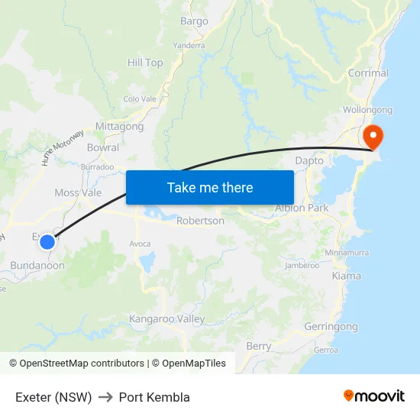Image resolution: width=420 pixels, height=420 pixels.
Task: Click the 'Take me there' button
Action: pyautogui.click(x=210, y=187)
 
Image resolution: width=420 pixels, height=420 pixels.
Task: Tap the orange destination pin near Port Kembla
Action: pyautogui.click(x=373, y=136)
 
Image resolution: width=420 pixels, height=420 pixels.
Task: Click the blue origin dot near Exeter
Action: pyautogui.click(x=47, y=242)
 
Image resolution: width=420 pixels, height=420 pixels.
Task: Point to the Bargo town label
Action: pyautogui.click(x=194, y=21)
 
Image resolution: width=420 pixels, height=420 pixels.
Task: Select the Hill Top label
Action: pyautogui.click(x=145, y=63)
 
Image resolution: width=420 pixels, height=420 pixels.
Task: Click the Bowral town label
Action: pyautogui.click(x=103, y=147)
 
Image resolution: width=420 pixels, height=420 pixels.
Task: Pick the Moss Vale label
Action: pyautogui.click(x=78, y=192)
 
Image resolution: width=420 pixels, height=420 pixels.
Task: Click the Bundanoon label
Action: pyautogui.click(x=37, y=265)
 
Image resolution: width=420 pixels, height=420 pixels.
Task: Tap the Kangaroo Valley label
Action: pyautogui.click(x=167, y=318)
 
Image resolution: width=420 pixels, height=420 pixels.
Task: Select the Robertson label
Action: pyautogui.click(x=200, y=221)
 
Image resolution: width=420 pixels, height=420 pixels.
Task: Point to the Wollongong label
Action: pyautogui.click(x=367, y=110)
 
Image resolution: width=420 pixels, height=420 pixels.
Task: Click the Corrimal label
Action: pyautogui.click(x=368, y=73)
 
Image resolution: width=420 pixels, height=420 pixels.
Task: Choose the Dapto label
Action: pyautogui.click(x=309, y=160)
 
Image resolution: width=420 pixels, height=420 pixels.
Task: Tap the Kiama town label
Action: pyautogui.click(x=347, y=276)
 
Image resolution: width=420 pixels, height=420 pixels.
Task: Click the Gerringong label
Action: pyautogui.click(x=331, y=327)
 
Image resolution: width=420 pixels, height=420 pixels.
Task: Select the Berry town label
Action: pyautogui.click(x=259, y=346)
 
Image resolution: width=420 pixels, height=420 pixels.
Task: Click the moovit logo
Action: pyautogui.click(x=374, y=396)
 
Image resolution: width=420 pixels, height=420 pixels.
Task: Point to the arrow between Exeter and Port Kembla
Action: pyautogui.click(x=105, y=397)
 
